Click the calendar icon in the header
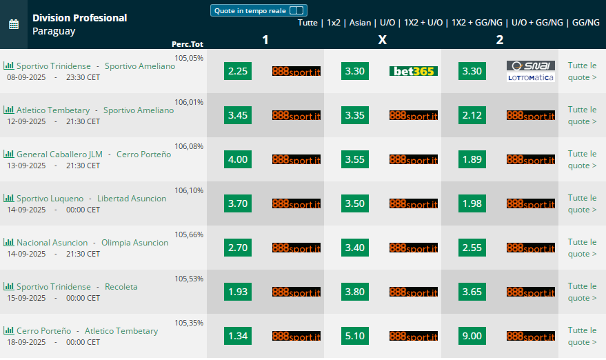[14, 24]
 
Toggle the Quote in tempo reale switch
[296, 10]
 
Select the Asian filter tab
[360, 23]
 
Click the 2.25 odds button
[238, 71]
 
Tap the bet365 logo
[414, 71]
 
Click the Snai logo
[531, 66]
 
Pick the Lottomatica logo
[531, 77]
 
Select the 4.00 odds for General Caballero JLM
[238, 159]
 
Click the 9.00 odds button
[472, 336]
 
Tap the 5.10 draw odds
[355, 336]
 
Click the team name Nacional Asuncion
[52, 243]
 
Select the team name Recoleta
[121, 286]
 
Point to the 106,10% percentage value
[189, 190]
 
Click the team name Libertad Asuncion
[132, 199]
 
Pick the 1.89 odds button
[472, 159]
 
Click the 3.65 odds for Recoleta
[472, 292]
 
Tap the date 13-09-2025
[26, 166]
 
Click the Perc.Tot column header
[188, 44]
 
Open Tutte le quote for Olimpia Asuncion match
[582, 248]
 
